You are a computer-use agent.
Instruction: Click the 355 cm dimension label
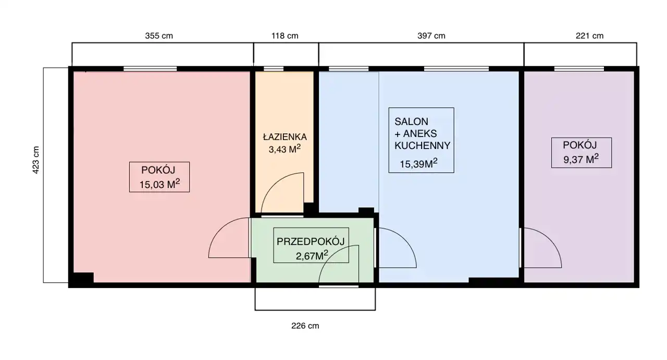[x=159, y=36]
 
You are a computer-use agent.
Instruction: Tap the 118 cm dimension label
[x=285, y=36]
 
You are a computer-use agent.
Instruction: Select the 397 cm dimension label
[x=431, y=36]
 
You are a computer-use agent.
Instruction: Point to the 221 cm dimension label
[x=589, y=36]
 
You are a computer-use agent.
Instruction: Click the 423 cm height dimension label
[x=36, y=160]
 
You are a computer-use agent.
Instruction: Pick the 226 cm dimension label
[x=305, y=326]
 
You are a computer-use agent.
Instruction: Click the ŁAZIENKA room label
[x=285, y=136]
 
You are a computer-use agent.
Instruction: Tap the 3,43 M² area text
[x=285, y=148]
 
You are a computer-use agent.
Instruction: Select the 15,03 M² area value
[x=159, y=184]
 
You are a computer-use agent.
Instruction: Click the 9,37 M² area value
[x=581, y=159]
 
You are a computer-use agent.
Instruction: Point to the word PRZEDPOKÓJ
[x=311, y=241]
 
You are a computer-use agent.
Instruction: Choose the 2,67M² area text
[x=312, y=255]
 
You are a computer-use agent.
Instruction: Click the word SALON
[x=411, y=121]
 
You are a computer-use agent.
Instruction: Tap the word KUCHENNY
[x=422, y=145]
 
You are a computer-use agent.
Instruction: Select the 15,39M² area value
[x=418, y=164]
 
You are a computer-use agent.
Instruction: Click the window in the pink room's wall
[x=150, y=69]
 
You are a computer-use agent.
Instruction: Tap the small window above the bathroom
[x=274, y=69]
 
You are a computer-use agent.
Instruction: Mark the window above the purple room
[x=579, y=69]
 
